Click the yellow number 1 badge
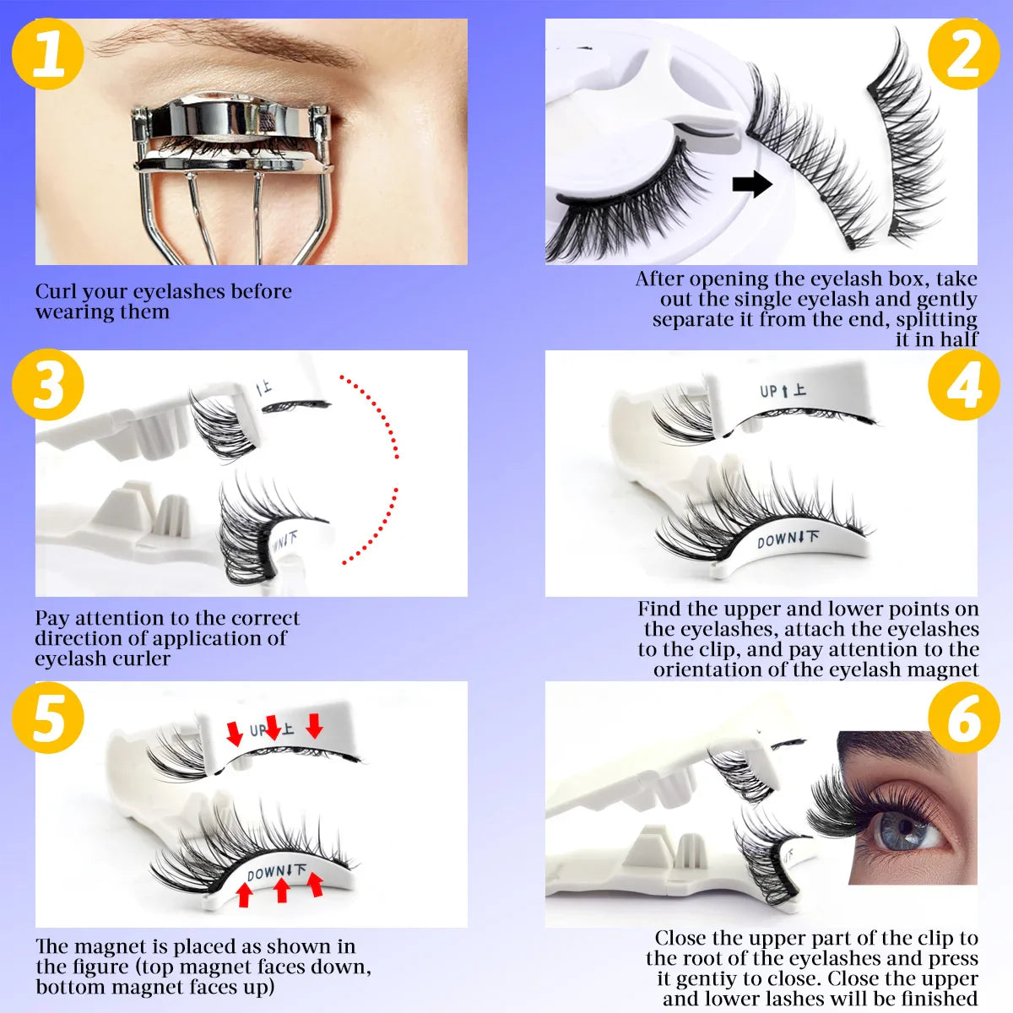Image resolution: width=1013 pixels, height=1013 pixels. tap(48, 52)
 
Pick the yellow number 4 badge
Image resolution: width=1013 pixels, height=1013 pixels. tap(963, 385)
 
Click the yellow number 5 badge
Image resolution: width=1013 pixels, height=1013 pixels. tap(48, 718)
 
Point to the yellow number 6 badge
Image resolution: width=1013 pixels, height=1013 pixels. tap(963, 718)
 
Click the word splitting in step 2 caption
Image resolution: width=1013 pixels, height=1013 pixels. tap(936, 320)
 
